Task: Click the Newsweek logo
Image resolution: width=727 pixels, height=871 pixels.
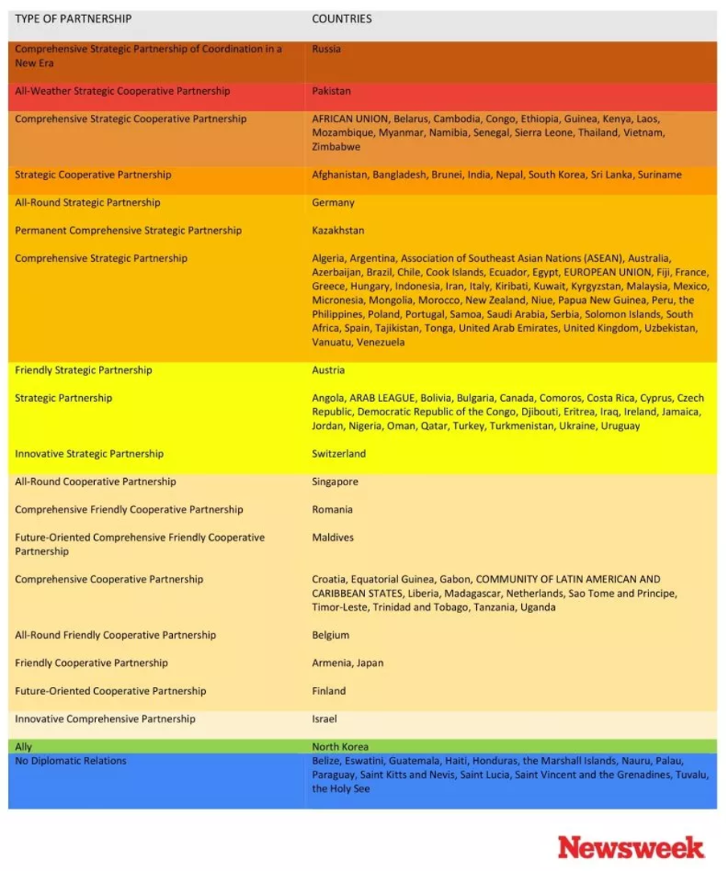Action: click(x=630, y=847)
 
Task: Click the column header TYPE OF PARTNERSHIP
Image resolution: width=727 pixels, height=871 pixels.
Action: click(x=73, y=18)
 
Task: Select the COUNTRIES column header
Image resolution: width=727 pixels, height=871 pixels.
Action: click(x=342, y=18)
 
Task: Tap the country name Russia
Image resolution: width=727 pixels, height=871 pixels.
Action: click(x=327, y=49)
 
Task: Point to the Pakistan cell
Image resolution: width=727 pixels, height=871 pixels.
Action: click(x=331, y=91)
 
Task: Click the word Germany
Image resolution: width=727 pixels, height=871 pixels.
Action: click(x=333, y=202)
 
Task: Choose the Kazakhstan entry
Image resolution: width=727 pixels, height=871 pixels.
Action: click(x=338, y=231)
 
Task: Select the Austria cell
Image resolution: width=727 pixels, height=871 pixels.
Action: click(x=328, y=370)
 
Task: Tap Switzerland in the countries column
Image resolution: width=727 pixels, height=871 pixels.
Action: click(x=339, y=454)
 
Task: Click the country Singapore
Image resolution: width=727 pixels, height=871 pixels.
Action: click(x=335, y=482)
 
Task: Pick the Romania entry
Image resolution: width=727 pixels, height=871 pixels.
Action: click(x=332, y=509)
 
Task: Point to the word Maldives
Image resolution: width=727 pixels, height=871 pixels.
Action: click(x=333, y=538)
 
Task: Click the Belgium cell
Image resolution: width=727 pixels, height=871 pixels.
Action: click(x=331, y=635)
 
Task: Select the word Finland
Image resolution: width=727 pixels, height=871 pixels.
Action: click(x=329, y=691)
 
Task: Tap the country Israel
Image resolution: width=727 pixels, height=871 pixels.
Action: click(x=324, y=719)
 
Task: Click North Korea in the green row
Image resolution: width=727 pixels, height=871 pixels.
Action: click(x=340, y=746)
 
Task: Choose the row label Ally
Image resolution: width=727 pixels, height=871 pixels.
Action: click(x=23, y=746)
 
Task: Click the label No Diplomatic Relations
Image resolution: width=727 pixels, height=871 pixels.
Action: click(x=71, y=761)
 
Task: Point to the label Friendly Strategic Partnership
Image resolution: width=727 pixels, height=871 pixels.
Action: click(x=84, y=370)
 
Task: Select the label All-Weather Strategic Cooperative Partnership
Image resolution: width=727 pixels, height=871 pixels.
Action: click(x=122, y=91)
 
